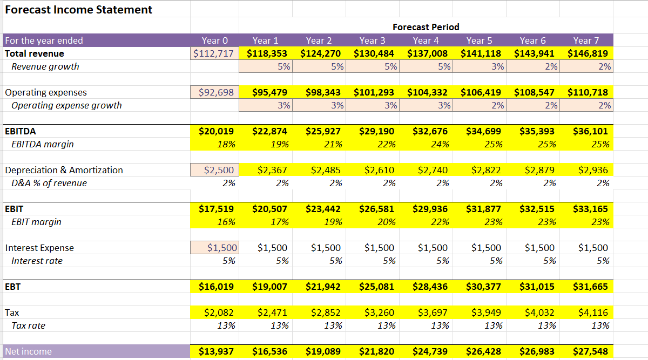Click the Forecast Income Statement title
(79, 10)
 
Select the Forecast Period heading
(426, 27)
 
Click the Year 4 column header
(426, 40)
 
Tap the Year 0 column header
(214, 40)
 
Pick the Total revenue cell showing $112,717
(214, 53)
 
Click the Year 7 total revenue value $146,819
(588, 53)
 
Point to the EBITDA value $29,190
(374, 131)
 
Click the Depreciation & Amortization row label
(64, 170)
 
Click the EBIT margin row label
(36, 222)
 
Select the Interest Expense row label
(39, 248)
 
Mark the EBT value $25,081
(374, 287)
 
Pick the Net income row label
(29, 351)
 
